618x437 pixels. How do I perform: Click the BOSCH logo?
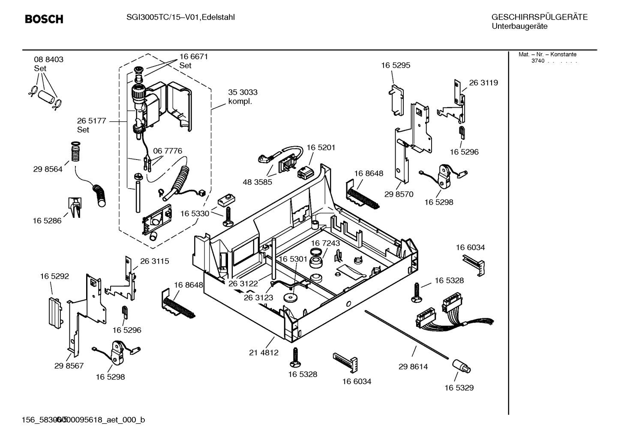44,19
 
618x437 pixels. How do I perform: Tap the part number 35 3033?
243,92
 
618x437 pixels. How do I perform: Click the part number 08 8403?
48,60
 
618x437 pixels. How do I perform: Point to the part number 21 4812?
264,353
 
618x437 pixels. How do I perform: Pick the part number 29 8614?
413,367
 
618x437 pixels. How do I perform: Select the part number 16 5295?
395,65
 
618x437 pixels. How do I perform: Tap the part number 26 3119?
483,83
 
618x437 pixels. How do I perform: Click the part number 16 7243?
325,243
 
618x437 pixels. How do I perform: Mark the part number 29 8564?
48,169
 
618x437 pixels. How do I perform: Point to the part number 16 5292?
54,277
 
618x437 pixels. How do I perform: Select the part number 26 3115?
154,261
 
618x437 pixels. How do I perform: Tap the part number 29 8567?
69,366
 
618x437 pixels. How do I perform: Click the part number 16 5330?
195,214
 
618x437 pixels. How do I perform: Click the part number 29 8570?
399,194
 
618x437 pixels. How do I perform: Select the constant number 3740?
537,61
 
